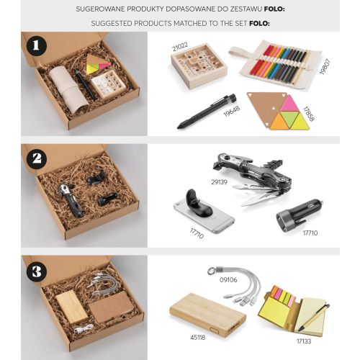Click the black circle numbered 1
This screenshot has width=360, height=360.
tap(37, 45)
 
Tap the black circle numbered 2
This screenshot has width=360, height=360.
tap(37, 158)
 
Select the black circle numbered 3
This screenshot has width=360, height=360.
tap(37, 272)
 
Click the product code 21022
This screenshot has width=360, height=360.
tap(180, 47)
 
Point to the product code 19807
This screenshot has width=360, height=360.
tap(325, 67)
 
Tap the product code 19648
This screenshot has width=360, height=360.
tap(232, 112)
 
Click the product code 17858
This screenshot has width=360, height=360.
tap(308, 114)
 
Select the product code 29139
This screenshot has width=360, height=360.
tap(219, 182)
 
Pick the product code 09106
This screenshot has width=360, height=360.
tap(228, 280)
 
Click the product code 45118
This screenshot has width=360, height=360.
tap(198, 338)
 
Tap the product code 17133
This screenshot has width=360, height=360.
tap(304, 341)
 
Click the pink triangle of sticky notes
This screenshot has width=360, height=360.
tap(289, 104)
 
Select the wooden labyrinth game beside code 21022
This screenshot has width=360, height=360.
tap(199, 68)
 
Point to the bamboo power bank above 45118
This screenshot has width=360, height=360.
tap(208, 315)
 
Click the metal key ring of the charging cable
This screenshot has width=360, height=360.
tap(212, 271)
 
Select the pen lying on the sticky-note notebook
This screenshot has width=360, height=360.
tap(314, 318)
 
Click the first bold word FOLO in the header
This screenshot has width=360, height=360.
tap(274, 9)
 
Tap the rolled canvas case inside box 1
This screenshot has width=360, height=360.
tap(69, 89)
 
